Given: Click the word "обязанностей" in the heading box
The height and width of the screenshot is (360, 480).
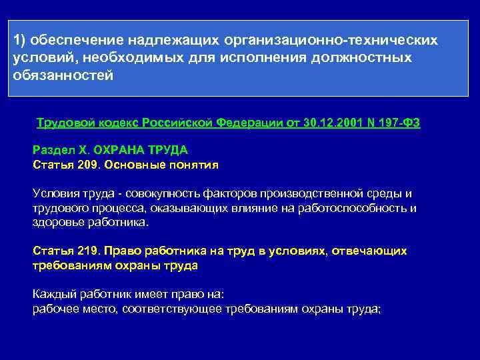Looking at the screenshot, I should click(63, 75).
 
